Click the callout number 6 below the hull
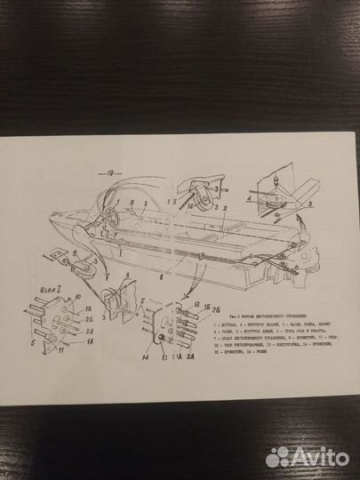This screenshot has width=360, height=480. [x=162, y=277]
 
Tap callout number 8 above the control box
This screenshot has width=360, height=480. [x=127, y=276]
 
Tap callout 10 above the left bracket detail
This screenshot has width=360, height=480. [x=78, y=294]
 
